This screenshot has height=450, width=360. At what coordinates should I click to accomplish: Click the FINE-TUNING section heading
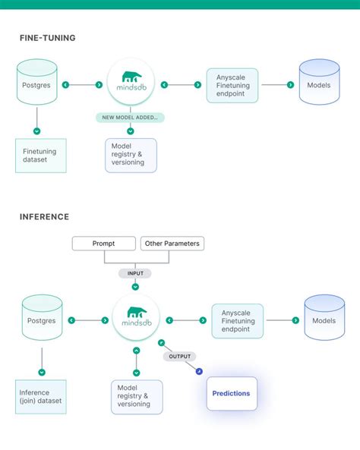coord(47,37)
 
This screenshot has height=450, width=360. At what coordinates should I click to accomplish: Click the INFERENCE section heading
coord(44,216)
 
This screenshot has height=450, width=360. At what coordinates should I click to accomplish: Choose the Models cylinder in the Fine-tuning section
coord(318,84)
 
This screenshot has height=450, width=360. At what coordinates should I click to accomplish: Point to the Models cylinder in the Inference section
coord(324,320)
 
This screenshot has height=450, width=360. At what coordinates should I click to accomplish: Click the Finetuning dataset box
coord(41,155)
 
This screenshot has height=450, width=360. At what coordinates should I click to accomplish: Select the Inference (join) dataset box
coord(41,396)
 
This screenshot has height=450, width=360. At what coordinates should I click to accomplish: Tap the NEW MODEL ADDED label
coord(131,118)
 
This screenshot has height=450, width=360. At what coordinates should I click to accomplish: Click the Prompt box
coord(104,244)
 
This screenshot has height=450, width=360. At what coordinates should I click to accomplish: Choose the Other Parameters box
coord(172,244)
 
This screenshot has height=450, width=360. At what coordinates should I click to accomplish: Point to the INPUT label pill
coord(135,272)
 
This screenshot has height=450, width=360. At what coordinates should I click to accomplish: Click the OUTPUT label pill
coord(179,356)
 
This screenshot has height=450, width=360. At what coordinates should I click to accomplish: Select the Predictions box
coord(232,393)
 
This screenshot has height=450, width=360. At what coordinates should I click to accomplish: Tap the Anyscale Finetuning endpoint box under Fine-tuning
coord(232,85)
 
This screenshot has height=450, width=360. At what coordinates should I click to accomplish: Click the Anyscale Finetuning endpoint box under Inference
coord(237,320)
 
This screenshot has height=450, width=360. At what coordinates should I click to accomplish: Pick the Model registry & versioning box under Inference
coord(137,395)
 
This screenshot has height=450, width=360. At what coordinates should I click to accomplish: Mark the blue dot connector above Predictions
coord(199,371)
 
